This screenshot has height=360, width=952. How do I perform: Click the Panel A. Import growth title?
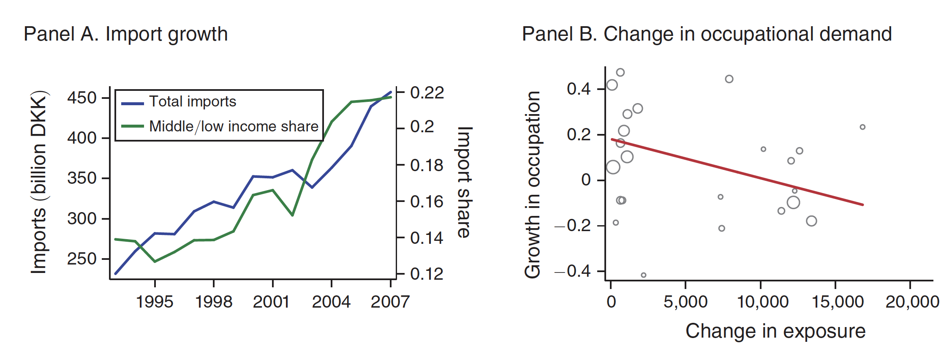pyautogui.click(x=125, y=34)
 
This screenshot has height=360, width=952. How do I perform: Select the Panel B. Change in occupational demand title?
pyautogui.click(x=707, y=34)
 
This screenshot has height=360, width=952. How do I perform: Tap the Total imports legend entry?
pyautogui.click(x=192, y=102)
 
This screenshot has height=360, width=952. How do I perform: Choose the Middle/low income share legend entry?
pyautogui.click(x=233, y=126)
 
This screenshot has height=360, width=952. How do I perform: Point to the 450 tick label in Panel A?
pyautogui.click(x=82, y=98)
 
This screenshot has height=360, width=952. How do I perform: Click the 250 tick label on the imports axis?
pyautogui.click(x=82, y=259)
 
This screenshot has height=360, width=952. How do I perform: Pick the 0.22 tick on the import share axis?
pyautogui.click(x=427, y=93)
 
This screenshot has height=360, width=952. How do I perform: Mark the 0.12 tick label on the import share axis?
pyautogui.click(x=427, y=274)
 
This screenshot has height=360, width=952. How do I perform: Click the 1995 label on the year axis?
pyautogui.click(x=155, y=302)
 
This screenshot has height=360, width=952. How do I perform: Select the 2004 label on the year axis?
pyautogui.click(x=331, y=302)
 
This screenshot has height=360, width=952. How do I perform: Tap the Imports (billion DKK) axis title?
pyautogui.click(x=38, y=182)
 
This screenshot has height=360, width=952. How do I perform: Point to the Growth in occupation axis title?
pyautogui.click(x=533, y=185)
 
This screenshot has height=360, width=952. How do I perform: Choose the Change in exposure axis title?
pyautogui.click(x=775, y=331)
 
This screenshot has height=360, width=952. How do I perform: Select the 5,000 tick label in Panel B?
pyautogui.click(x=685, y=302)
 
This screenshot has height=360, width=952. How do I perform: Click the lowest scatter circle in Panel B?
pyautogui.click(x=643, y=275)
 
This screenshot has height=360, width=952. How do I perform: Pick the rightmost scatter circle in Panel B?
pyautogui.click(x=862, y=127)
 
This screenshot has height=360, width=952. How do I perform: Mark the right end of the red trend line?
pyautogui.click(x=862, y=205)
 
